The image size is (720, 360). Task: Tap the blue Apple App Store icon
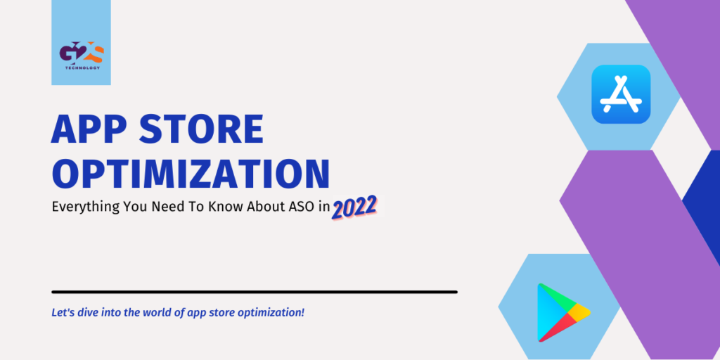(621, 94)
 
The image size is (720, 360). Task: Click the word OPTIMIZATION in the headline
(191, 174)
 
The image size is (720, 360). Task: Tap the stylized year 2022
(355, 207)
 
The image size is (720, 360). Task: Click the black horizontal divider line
(255, 291)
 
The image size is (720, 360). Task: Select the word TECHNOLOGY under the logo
(81, 67)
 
